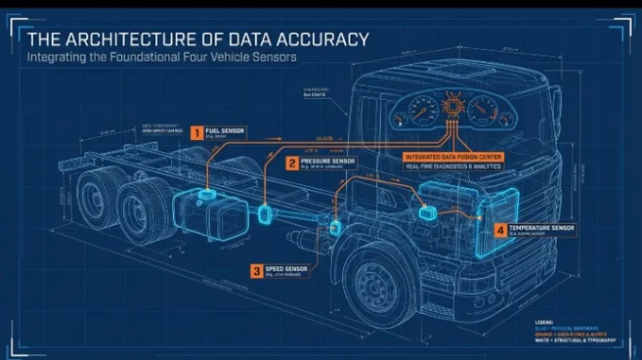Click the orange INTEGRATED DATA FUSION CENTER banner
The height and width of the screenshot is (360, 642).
point(453,155)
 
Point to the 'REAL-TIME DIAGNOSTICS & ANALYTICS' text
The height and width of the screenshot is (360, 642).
point(453,166)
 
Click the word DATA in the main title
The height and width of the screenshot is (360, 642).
point(238,39)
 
